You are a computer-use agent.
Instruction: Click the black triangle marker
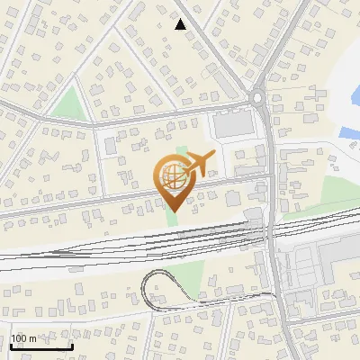(x=181, y=24)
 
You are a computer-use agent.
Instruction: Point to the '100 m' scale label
(x=23, y=338)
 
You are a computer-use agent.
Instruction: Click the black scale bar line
(x=41, y=346)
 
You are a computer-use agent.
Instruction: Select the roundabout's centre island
(x=258, y=97)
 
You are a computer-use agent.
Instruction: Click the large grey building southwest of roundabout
(x=232, y=124)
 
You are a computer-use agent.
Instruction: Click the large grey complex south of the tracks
(x=310, y=270)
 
